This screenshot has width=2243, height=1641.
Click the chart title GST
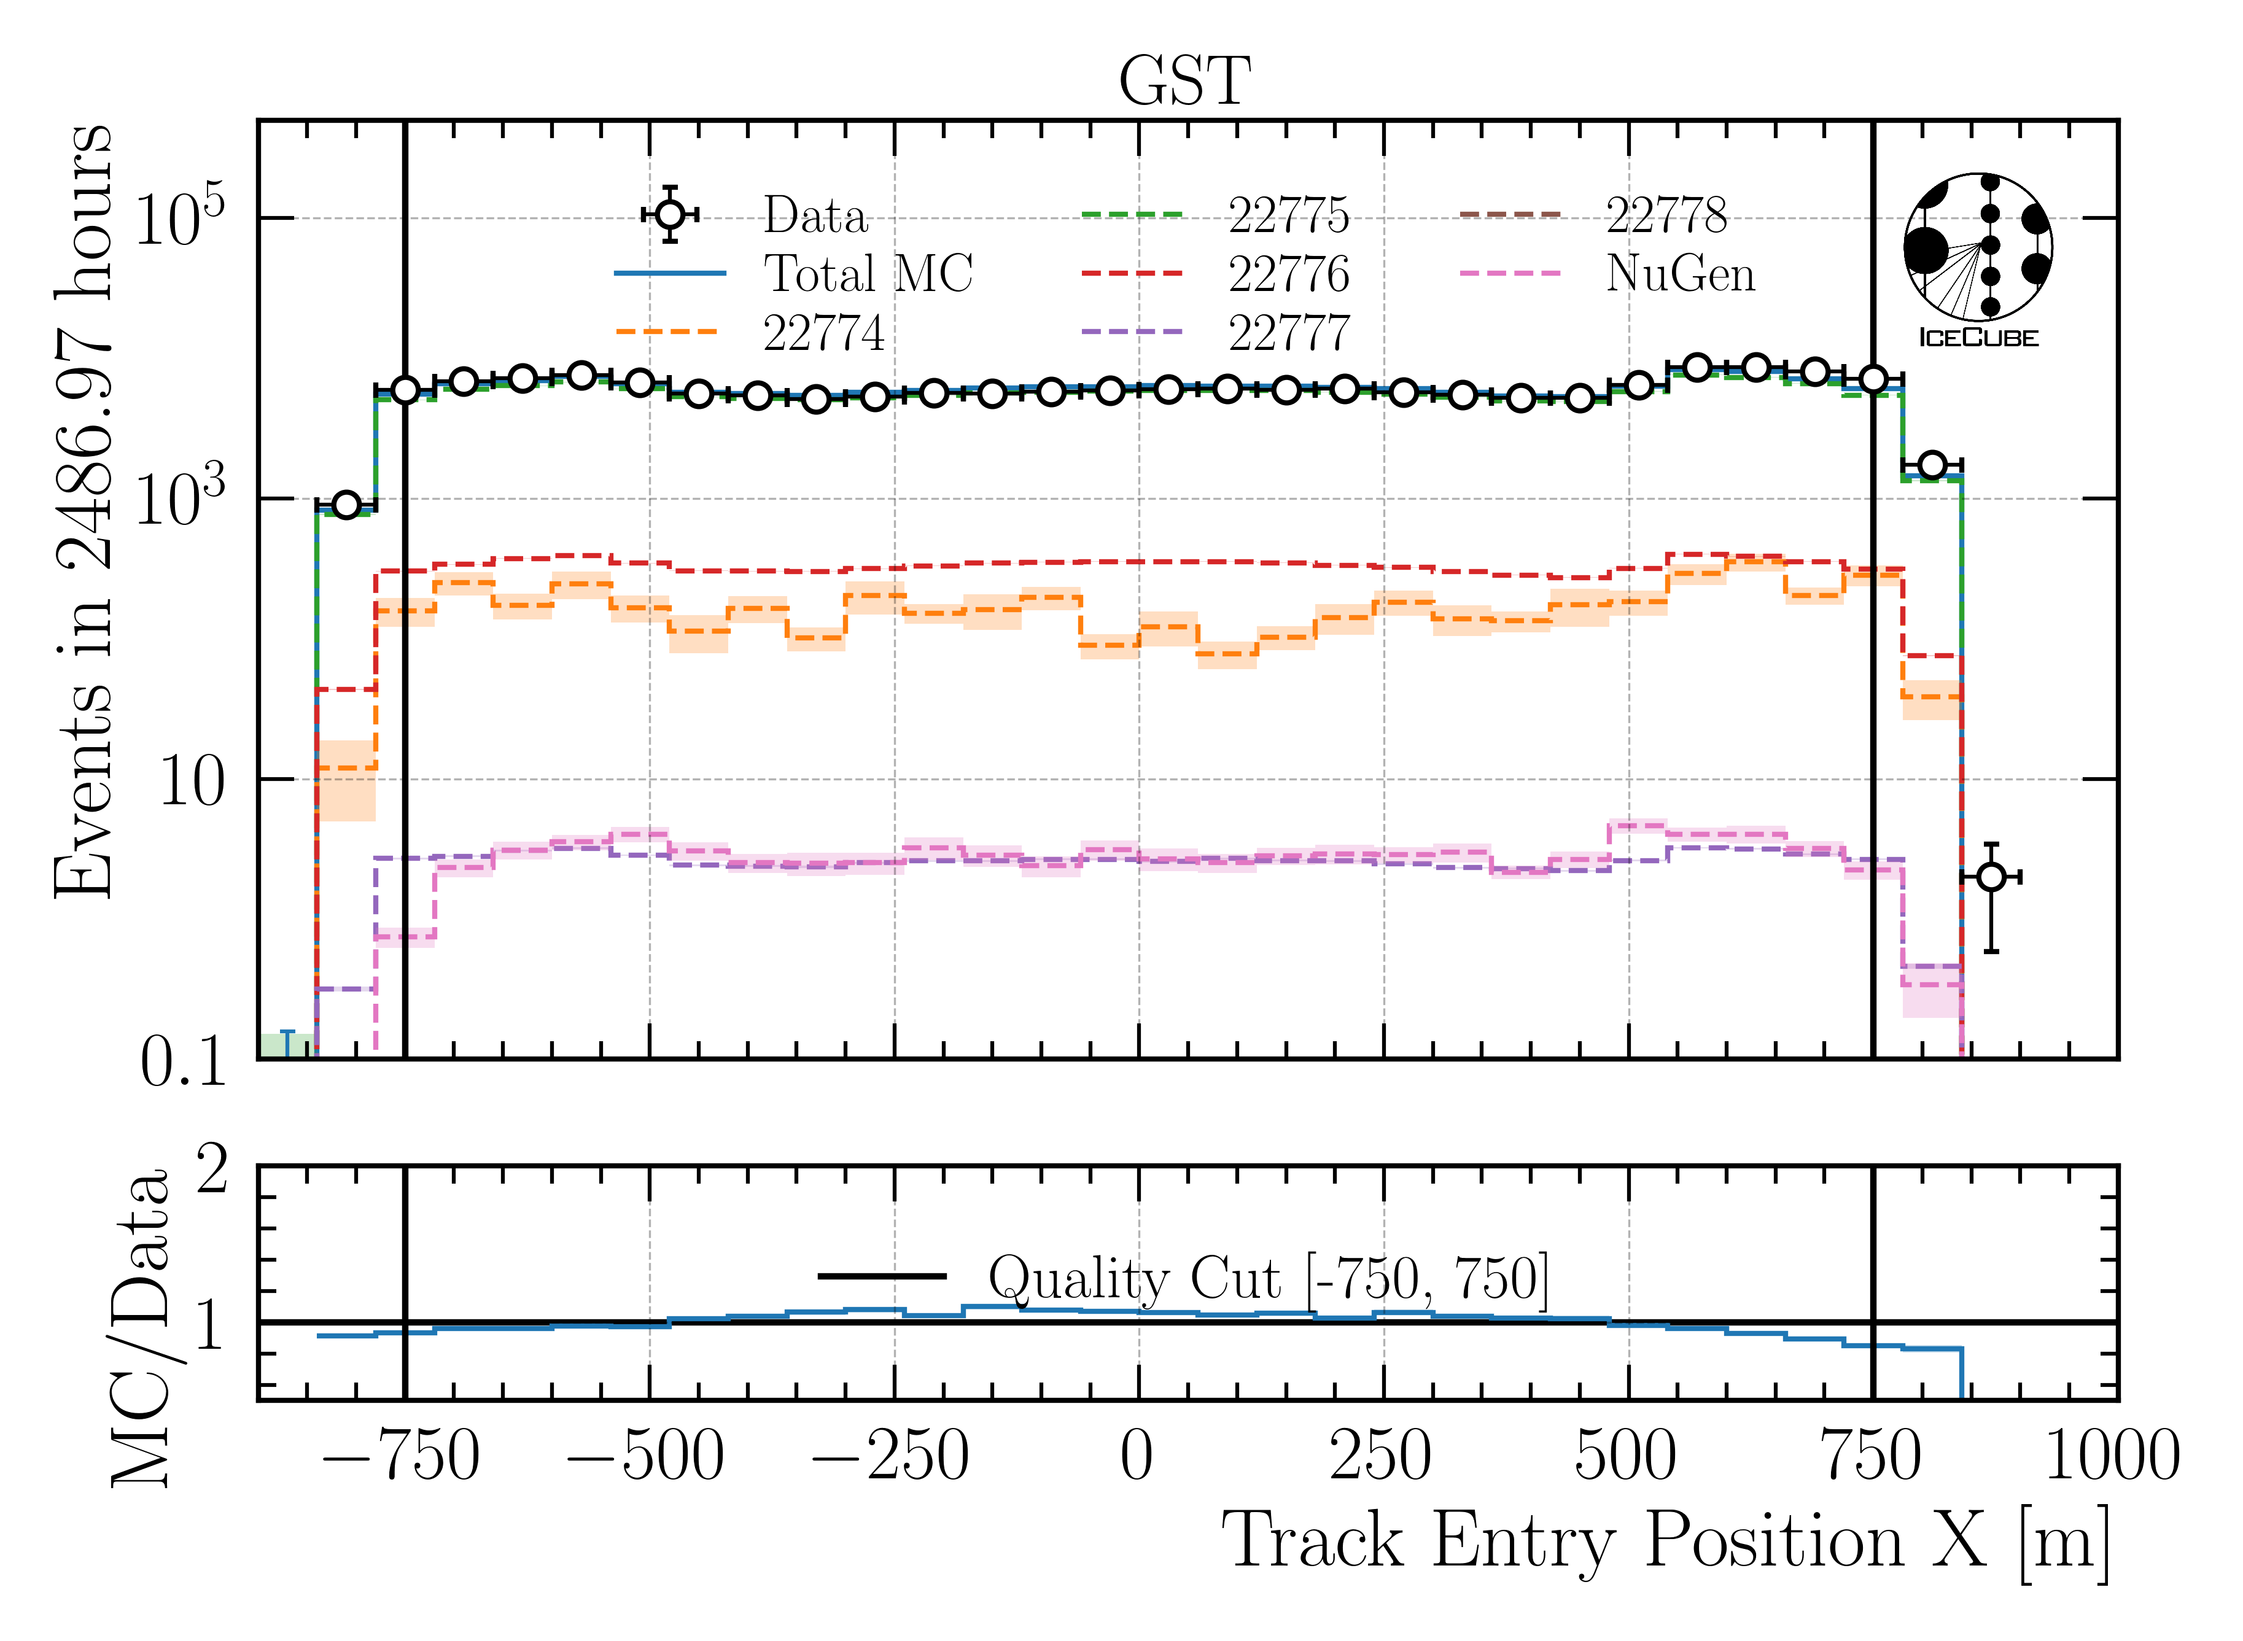coord(1184,82)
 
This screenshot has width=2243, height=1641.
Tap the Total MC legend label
coord(867,274)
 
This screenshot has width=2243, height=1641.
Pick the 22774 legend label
coord(823,333)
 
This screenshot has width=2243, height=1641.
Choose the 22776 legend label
coord(1288,274)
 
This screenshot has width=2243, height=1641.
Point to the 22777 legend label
coord(1288,333)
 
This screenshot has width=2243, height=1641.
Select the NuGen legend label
coord(1680,274)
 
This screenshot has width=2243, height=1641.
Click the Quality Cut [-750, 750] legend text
coord(1267,1278)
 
